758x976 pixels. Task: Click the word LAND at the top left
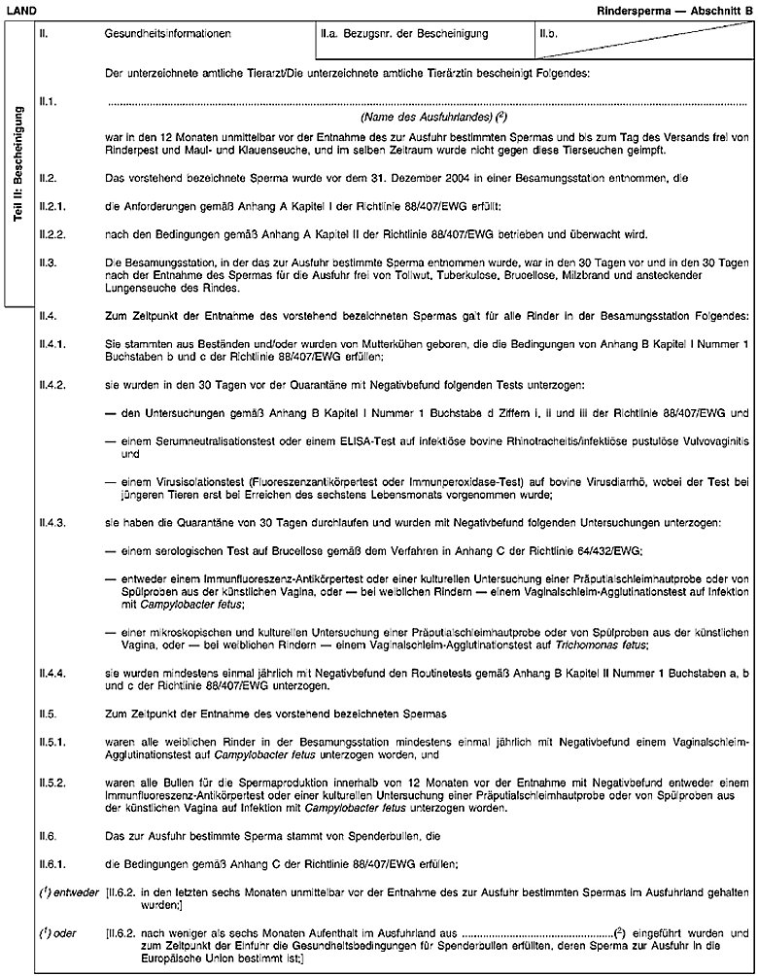[19, 9]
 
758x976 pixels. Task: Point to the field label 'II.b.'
[552, 35]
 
